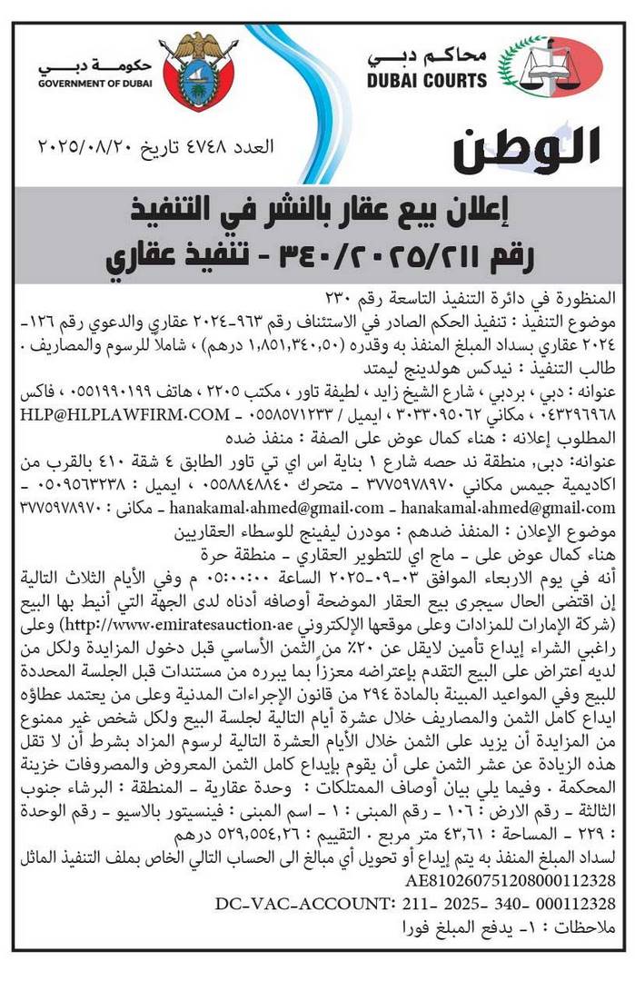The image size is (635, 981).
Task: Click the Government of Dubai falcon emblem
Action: [197, 71]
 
